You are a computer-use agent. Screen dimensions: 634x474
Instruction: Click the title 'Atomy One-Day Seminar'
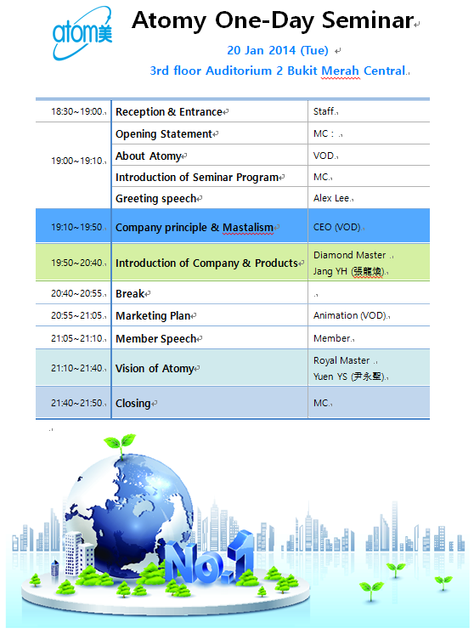coord(272,22)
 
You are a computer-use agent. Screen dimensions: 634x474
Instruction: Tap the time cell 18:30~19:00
coord(76,111)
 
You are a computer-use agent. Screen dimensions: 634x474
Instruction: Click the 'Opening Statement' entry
coord(163,134)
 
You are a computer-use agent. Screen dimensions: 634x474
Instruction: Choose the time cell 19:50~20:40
coord(76,263)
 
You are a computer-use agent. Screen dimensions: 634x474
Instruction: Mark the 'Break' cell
coord(130,294)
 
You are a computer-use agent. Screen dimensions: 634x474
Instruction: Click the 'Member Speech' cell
coord(158,339)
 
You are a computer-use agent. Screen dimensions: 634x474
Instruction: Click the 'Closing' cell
coord(133,404)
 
